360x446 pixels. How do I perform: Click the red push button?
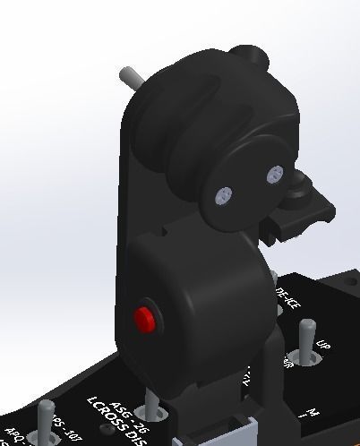click(x=144, y=316)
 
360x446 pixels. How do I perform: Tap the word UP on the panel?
click(x=324, y=348)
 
